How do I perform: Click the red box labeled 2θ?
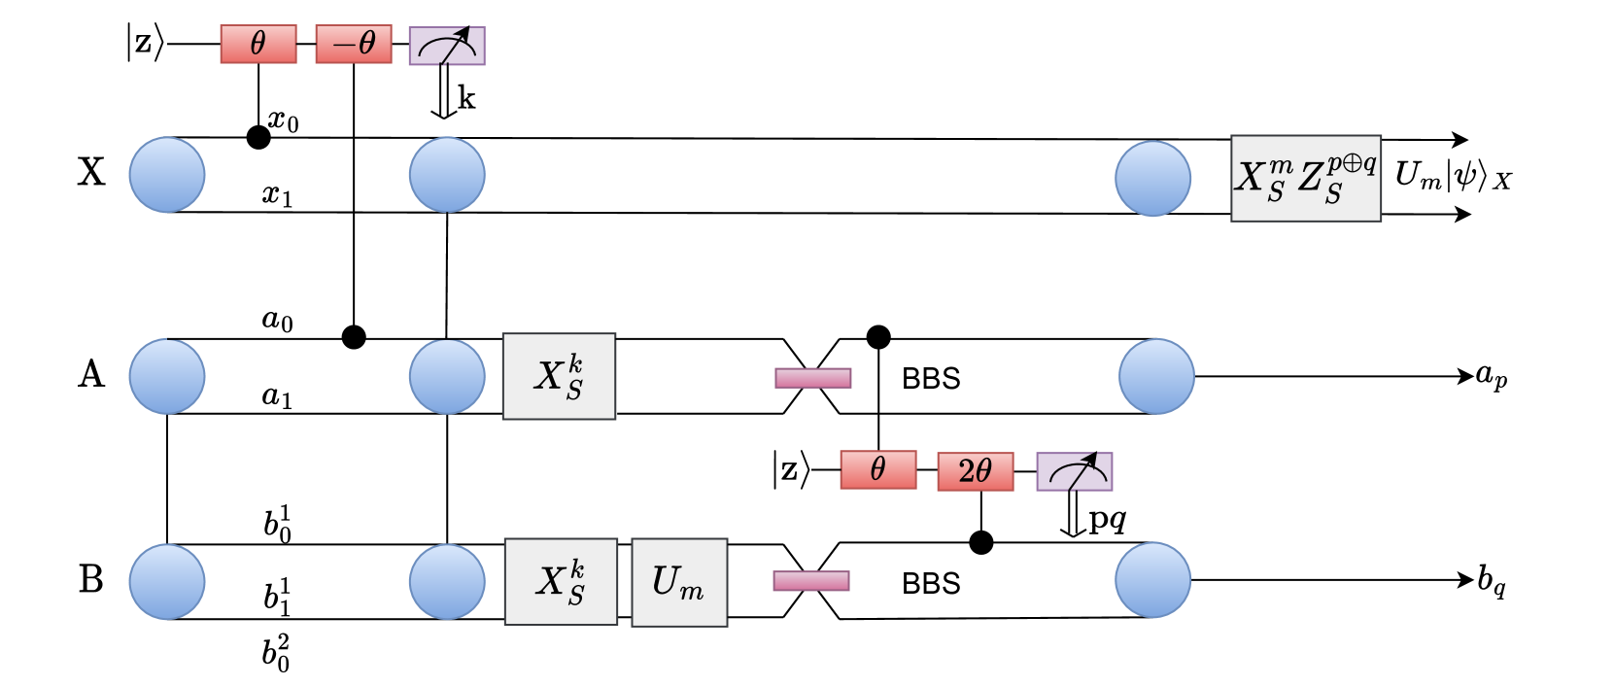pos(975,471)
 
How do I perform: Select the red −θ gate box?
pos(354,44)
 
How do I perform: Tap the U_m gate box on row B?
pos(679,582)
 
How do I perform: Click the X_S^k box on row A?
pos(559,376)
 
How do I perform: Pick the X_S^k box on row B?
pos(561,581)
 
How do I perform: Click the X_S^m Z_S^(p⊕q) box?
pos(1305,178)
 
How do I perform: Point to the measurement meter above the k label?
pos(447,45)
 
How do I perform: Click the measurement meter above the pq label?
pos(1074,471)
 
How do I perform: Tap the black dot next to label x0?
pos(258,137)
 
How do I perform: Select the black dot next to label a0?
pos(354,337)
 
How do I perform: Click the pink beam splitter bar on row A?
pos(812,378)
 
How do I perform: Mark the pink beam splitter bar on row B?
pos(811,581)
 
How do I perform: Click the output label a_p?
pos(1492,376)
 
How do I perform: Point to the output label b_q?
pos(1492,581)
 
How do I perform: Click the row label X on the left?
pos(90,172)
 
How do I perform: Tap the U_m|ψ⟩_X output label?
pos(1453,176)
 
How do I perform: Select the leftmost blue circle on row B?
pos(167,581)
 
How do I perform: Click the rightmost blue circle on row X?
pos(1152,178)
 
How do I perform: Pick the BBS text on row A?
pos(931,378)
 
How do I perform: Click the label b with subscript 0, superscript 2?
pos(276,653)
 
